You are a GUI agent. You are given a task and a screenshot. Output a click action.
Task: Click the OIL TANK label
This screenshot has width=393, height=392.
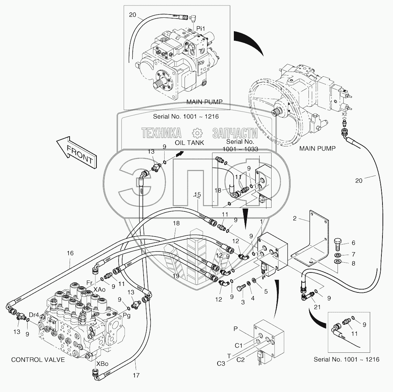(x=189, y=143)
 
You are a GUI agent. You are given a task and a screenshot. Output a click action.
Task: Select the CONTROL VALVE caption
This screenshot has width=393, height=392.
(x=38, y=360)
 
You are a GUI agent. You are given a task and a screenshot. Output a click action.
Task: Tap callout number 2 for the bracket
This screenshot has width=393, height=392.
(x=295, y=218)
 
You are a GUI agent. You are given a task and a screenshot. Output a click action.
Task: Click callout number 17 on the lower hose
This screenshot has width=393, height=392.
(x=136, y=375)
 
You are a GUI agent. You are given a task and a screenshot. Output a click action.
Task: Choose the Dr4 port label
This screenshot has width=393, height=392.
(x=34, y=315)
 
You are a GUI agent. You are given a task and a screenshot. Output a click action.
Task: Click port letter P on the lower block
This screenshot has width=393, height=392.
(x=236, y=329)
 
